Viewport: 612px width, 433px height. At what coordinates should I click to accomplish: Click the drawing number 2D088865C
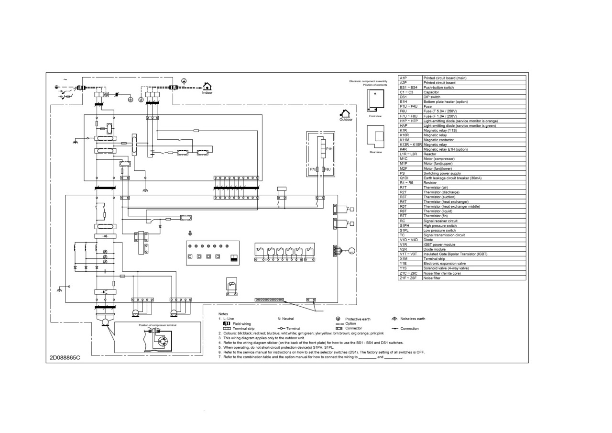65,357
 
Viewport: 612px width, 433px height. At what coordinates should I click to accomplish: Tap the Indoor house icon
207,87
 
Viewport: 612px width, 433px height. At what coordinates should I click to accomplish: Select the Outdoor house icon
345,113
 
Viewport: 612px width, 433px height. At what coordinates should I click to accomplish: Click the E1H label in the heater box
329,149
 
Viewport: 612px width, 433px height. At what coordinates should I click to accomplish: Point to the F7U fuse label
312,169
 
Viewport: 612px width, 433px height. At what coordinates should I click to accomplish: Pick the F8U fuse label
328,169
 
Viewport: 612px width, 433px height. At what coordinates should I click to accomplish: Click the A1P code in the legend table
403,78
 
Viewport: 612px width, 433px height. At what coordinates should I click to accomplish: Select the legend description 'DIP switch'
432,97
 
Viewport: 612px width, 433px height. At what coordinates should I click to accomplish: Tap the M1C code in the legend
404,159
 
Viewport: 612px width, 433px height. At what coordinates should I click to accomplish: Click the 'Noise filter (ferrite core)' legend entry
442,273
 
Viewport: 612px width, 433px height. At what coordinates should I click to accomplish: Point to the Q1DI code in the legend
404,178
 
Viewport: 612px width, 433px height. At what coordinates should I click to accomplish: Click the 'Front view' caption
375,116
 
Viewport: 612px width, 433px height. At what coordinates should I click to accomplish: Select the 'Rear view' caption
375,152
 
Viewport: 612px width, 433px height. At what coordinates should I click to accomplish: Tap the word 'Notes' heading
223,314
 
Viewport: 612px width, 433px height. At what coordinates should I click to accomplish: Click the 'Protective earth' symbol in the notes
338,319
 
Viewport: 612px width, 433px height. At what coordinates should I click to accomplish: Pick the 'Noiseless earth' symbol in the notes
394,319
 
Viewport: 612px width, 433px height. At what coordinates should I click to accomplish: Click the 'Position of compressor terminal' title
157,325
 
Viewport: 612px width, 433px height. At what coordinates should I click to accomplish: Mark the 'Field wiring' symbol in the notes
227,323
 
